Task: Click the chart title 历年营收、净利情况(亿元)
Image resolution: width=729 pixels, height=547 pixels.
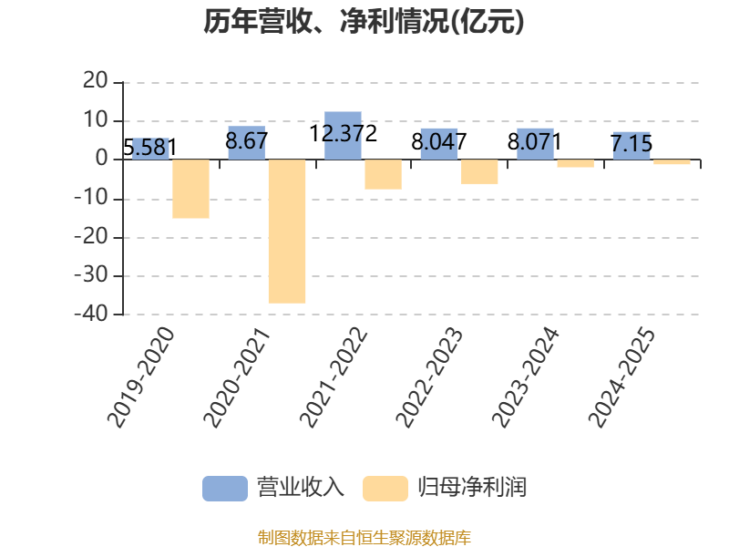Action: click(364, 22)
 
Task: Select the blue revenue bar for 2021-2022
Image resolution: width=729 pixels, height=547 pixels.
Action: click(343, 135)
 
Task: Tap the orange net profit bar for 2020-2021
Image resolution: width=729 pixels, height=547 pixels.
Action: click(287, 232)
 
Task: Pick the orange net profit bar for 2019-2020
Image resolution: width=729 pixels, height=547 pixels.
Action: click(190, 189)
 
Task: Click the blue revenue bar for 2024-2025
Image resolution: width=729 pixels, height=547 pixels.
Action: click(631, 146)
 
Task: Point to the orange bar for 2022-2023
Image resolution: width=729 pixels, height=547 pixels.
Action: click(479, 171)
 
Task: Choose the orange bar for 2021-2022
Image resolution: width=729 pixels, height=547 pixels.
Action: click(383, 174)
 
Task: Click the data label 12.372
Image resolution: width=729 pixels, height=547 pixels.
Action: click(344, 134)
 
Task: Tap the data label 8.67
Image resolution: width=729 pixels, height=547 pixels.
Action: click(246, 141)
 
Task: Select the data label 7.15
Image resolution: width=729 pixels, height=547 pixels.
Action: click(631, 144)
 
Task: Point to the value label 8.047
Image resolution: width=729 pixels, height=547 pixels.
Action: click(439, 142)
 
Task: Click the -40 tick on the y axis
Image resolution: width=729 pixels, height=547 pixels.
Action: click(91, 314)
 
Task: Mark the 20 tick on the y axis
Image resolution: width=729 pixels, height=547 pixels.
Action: click(96, 81)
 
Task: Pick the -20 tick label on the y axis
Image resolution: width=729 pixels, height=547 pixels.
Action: click(91, 237)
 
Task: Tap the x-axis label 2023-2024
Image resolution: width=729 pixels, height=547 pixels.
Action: click(526, 377)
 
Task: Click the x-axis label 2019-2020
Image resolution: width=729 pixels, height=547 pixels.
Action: click(141, 377)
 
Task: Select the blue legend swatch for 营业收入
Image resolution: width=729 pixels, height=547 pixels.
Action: click(225, 489)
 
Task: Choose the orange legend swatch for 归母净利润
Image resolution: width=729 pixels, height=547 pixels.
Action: click(385, 489)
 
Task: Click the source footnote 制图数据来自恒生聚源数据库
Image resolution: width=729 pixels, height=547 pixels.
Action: click(364, 538)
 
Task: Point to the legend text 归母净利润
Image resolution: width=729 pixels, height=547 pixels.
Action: click(472, 488)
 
